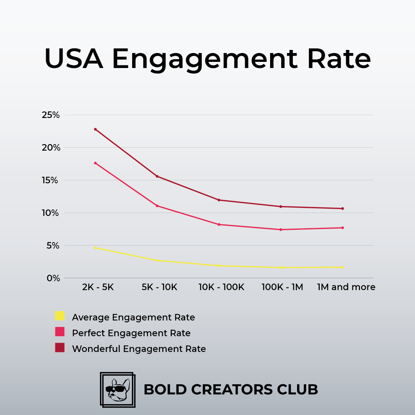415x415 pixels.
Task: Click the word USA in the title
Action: tap(74, 59)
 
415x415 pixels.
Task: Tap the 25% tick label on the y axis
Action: tap(51, 115)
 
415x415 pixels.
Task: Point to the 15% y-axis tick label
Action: tap(51, 180)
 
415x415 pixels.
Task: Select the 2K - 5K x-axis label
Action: tap(98, 287)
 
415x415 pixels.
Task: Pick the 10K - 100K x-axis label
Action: tap(221, 287)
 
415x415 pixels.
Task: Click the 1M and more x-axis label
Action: tap(346, 287)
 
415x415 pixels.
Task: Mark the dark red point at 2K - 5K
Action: tap(95, 129)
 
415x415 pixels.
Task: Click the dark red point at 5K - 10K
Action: tap(157, 176)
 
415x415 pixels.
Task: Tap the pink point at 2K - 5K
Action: tap(95, 163)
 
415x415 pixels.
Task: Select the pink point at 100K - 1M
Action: tap(281, 229)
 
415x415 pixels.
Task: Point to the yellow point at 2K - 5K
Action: tap(95, 247)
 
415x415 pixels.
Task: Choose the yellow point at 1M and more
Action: tap(342, 267)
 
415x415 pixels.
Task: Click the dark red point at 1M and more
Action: tap(342, 209)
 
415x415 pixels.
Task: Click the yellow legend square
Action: tap(60, 316)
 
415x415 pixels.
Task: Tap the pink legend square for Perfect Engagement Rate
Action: tap(60, 332)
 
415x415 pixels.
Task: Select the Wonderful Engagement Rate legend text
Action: tap(139, 349)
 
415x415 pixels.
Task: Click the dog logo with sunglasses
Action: tap(117, 390)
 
